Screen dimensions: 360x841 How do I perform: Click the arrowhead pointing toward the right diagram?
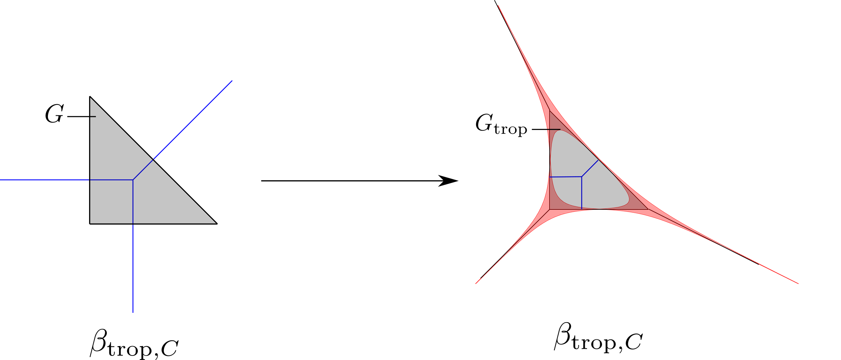pos(450,181)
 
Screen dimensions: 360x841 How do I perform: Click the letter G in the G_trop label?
pos(483,123)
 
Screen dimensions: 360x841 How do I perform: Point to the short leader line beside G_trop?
pos(546,130)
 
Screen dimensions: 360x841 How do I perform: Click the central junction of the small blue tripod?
pos(581,176)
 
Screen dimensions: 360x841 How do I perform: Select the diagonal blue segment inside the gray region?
pos(590,168)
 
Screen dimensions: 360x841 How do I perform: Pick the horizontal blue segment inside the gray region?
pos(566,177)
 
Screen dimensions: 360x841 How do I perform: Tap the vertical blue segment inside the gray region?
pos(581,193)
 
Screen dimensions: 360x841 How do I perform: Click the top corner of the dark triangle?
pos(550,111)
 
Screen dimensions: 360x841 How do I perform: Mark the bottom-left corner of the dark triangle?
pos(550,209)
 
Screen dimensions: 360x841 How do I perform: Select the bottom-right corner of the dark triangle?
pos(648,209)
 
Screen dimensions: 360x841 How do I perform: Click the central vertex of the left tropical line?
pos(133,180)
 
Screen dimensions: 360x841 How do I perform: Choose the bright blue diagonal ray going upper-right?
pos(193,120)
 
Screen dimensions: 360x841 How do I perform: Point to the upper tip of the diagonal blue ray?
pos(232,81)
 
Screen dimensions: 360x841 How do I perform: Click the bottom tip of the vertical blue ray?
pos(133,312)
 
